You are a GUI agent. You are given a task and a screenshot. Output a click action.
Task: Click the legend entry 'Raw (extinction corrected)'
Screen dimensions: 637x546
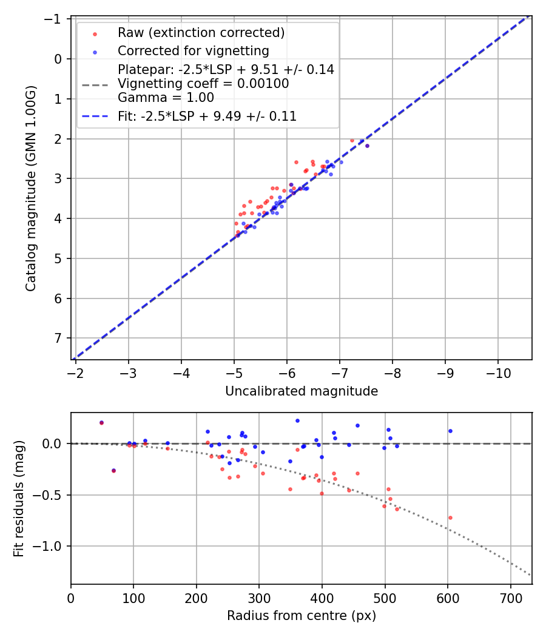tap(201, 33)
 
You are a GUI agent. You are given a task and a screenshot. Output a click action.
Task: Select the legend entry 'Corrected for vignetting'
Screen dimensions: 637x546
tap(193, 50)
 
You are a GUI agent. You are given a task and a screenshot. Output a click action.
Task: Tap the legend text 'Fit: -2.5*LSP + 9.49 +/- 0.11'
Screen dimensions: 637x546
tap(207, 116)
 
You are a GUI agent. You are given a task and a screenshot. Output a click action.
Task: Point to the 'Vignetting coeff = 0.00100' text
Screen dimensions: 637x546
tap(203, 84)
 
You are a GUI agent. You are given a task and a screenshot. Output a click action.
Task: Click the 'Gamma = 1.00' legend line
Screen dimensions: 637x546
tap(166, 97)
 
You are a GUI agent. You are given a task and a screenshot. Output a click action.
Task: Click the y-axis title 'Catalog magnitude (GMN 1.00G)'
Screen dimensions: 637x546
tap(31, 188)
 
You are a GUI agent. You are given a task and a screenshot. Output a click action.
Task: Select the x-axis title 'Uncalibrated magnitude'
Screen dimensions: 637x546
tap(302, 391)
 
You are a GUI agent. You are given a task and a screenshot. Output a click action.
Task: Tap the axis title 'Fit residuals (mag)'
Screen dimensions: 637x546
tap(19, 499)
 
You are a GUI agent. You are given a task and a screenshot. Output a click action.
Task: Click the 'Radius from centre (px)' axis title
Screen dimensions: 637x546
tap(302, 616)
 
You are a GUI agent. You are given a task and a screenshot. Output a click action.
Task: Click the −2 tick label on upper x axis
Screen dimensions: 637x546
tap(76, 371)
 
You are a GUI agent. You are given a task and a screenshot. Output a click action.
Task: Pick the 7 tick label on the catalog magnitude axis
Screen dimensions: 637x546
tap(59, 338)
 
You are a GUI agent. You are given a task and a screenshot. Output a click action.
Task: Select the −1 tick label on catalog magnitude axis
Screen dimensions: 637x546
tap(55, 19)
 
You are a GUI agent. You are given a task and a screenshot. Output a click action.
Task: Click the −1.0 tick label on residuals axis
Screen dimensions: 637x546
tap(51, 546)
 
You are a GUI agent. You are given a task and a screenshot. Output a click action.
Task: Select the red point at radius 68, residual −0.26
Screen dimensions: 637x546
tap(113, 470)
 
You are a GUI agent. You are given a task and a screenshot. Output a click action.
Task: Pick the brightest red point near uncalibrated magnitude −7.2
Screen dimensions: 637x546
tap(352, 140)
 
